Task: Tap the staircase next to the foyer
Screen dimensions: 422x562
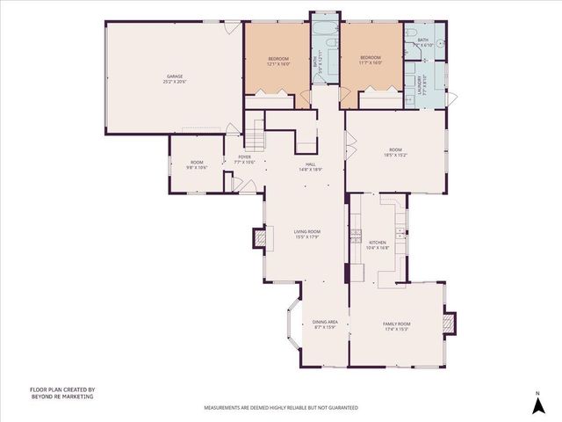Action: [254, 137]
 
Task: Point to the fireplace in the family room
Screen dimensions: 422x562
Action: [450, 324]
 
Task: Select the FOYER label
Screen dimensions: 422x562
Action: [243, 159]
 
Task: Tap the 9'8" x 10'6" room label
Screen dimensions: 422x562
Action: [197, 164]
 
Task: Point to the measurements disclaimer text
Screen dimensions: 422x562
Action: [281, 408]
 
